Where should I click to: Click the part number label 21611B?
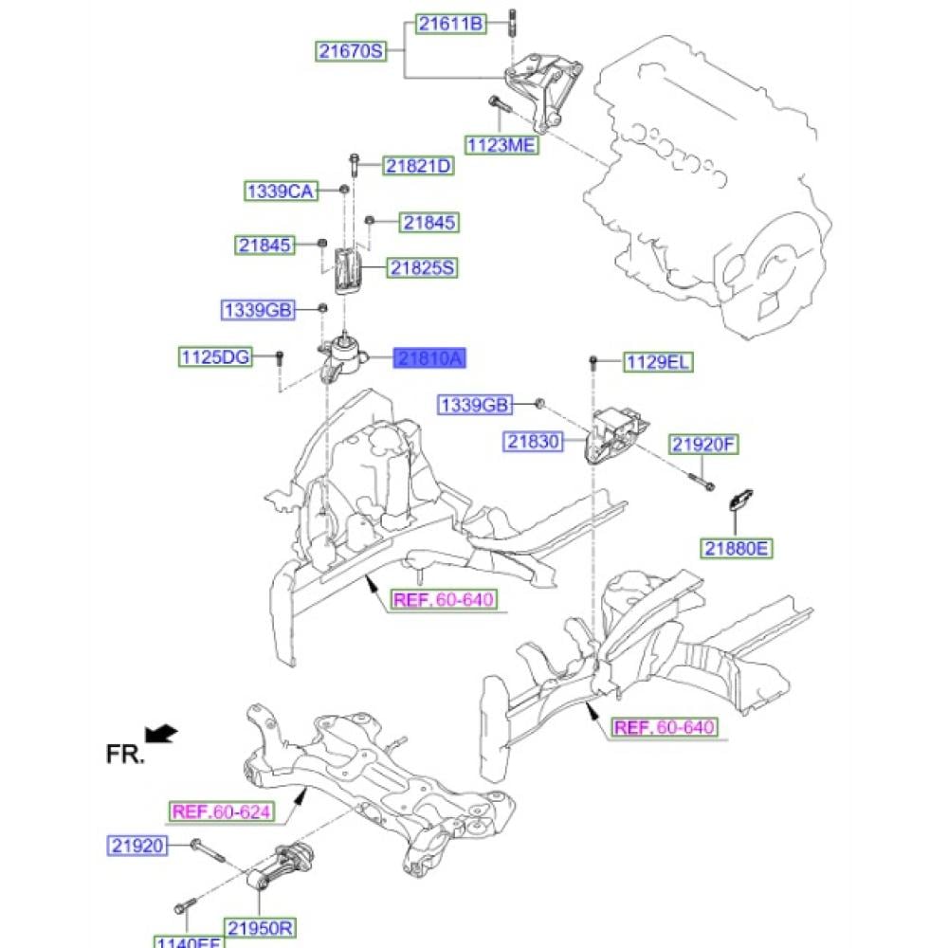pyautogui.click(x=449, y=25)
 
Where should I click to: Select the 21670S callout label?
pyautogui.click(x=352, y=51)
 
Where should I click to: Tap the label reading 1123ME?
pyautogui.click(x=501, y=145)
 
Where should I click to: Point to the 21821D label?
pyautogui.click(x=418, y=167)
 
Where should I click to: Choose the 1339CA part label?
pyautogui.click(x=280, y=191)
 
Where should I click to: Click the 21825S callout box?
pyautogui.click(x=421, y=268)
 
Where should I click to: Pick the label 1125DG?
pyautogui.click(x=216, y=357)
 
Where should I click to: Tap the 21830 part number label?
pyautogui.click(x=534, y=441)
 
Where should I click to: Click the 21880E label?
pyautogui.click(x=737, y=547)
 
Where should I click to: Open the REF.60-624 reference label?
pyautogui.click(x=220, y=811)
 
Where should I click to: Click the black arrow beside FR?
pyautogui.click(x=161, y=733)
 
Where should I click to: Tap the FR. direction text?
pyautogui.click(x=125, y=755)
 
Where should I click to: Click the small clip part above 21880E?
pyautogui.click(x=739, y=501)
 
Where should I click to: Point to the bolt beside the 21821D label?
pyautogui.click(x=354, y=166)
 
